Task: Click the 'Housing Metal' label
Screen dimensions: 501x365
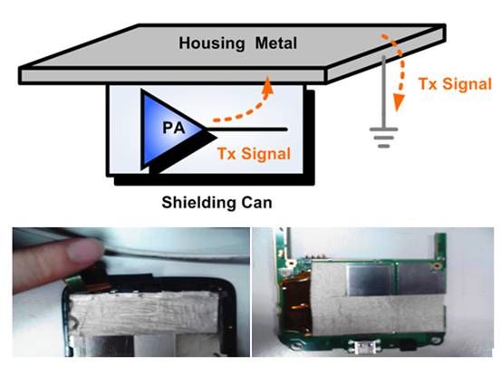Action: tap(237, 43)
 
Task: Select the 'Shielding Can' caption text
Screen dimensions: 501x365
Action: tap(217, 203)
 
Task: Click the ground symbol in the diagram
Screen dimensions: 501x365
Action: tap(384, 138)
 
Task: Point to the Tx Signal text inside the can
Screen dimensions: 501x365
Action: tap(254, 153)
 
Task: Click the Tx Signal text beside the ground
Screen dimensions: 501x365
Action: tap(455, 84)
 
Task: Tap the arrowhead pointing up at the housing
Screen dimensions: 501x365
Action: tap(267, 85)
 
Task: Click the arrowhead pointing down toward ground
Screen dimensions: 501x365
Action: tap(398, 102)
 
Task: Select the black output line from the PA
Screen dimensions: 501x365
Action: tap(246, 130)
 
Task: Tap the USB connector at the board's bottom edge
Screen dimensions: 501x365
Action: tap(364, 345)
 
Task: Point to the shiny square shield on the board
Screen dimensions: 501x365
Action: tap(370, 280)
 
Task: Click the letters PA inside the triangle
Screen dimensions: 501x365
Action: tap(174, 128)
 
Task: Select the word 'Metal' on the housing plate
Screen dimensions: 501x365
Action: tap(276, 43)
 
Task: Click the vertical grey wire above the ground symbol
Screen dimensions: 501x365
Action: tap(383, 92)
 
